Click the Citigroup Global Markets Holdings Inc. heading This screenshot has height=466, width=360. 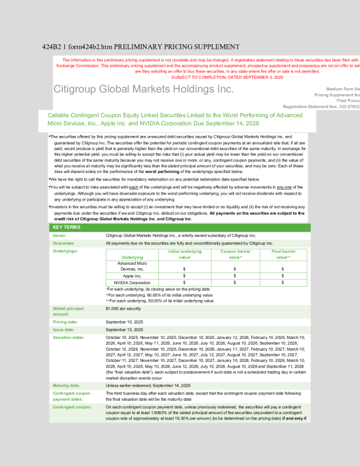click(144, 89)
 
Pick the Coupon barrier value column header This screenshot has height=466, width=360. click(235, 254)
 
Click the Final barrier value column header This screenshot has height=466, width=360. click(283, 254)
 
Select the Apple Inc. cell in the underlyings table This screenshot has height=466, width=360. click(132, 275)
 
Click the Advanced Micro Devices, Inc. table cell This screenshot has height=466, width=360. click(132, 266)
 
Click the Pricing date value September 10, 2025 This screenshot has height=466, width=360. click(126, 322)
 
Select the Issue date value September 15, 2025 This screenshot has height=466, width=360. click(126, 330)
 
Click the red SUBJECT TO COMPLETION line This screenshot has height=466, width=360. click(226, 77)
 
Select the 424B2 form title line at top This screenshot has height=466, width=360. click(141, 46)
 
